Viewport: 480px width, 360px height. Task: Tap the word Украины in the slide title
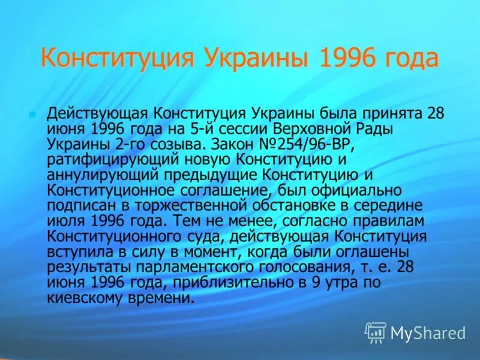tap(259, 59)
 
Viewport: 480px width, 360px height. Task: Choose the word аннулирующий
tap(104, 175)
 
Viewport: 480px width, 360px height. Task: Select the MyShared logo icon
tap(376, 331)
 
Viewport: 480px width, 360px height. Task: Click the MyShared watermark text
tap(428, 332)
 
